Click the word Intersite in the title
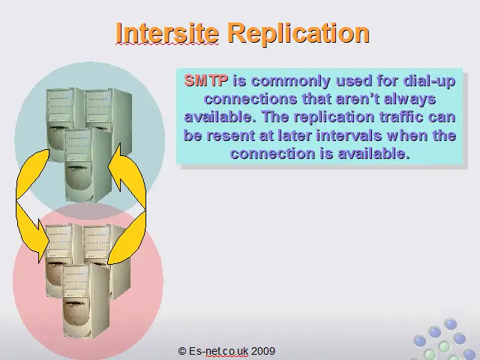pyautogui.click(x=167, y=33)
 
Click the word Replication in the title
pyautogui.click(x=299, y=34)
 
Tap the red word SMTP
pyautogui.click(x=206, y=80)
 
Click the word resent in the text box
pyautogui.click(x=230, y=136)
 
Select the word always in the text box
pyautogui.click(x=410, y=100)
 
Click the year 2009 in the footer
pyautogui.click(x=263, y=351)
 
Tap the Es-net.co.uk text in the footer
pyautogui.click(x=218, y=351)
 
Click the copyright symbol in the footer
pyautogui.click(x=181, y=351)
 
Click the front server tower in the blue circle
pyautogui.click(x=88, y=165)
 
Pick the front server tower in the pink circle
pyautogui.click(x=85, y=301)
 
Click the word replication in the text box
pyautogui.click(x=334, y=118)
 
